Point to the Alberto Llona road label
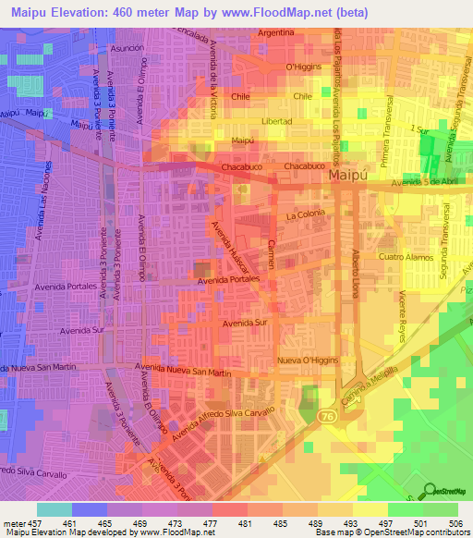pos(353,271)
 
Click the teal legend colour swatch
pos(54,509)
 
